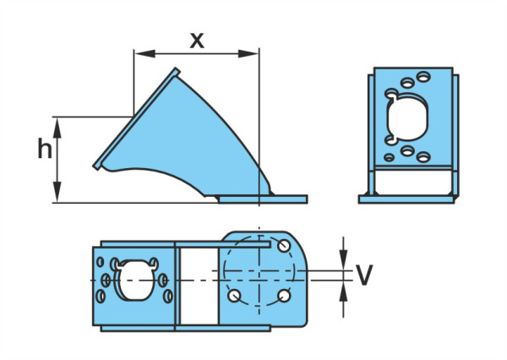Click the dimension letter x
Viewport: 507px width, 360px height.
point(197,41)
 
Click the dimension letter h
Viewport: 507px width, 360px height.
point(45,148)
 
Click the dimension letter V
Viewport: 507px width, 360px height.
point(363,275)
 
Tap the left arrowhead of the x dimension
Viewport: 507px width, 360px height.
point(144,54)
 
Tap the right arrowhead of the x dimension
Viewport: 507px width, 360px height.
point(248,54)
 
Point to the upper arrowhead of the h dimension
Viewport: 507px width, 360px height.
point(57,128)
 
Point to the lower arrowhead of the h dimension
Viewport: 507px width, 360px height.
point(57,192)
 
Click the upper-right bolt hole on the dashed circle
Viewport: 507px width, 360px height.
point(284,246)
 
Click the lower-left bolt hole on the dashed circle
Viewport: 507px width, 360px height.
point(234,296)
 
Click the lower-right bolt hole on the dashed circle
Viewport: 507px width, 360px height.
point(284,296)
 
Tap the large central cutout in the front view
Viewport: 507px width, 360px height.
point(407,117)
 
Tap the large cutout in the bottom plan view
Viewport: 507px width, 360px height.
point(134,279)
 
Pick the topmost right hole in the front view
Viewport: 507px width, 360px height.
point(423,77)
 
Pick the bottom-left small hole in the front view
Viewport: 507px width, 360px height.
point(389,157)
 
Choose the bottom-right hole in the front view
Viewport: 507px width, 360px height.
point(423,157)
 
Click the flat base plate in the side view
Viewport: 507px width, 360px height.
point(263,199)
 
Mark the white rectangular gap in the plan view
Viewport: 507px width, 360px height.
point(199,286)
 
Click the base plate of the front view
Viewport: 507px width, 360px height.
point(406,199)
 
